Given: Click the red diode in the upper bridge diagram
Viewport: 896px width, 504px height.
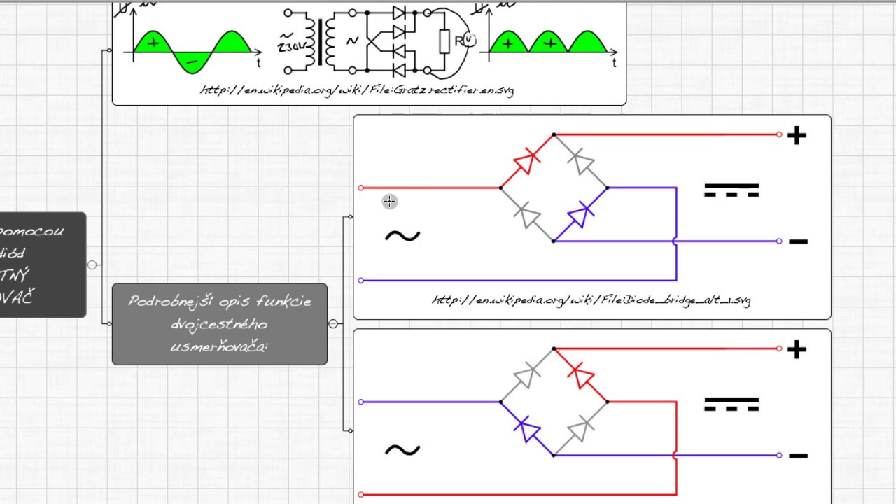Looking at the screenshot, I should (x=526, y=162).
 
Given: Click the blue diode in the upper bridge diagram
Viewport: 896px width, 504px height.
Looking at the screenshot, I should (x=580, y=215).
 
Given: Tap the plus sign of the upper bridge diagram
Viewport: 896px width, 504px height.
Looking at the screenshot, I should (x=797, y=136).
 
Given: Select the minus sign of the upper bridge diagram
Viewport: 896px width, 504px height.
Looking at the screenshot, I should (x=798, y=241).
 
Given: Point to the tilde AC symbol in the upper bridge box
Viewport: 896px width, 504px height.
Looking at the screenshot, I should (x=402, y=236).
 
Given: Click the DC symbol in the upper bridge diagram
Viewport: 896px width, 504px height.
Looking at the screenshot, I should (x=731, y=190).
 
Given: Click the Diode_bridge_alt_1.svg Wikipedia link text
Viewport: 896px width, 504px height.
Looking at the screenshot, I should (x=591, y=300).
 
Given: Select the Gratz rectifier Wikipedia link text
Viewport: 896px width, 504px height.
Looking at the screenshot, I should (x=357, y=90).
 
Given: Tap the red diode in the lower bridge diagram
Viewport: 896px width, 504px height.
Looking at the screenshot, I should (x=580, y=375).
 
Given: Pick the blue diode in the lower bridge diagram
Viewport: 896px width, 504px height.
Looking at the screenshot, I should (x=526, y=428).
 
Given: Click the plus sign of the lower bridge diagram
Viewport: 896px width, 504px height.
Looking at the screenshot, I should (x=797, y=349).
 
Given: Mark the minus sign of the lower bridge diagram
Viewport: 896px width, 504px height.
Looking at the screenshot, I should (x=798, y=456).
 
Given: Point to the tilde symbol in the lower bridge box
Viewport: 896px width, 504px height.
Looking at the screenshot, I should (x=402, y=450).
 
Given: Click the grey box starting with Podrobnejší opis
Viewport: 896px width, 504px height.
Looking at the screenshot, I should (x=219, y=323).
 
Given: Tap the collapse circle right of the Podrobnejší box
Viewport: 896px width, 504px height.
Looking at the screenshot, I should (x=333, y=323).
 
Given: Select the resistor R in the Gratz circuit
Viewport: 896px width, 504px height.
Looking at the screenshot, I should (x=444, y=42).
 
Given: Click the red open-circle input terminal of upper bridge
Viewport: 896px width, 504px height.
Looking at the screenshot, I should (x=361, y=188).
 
